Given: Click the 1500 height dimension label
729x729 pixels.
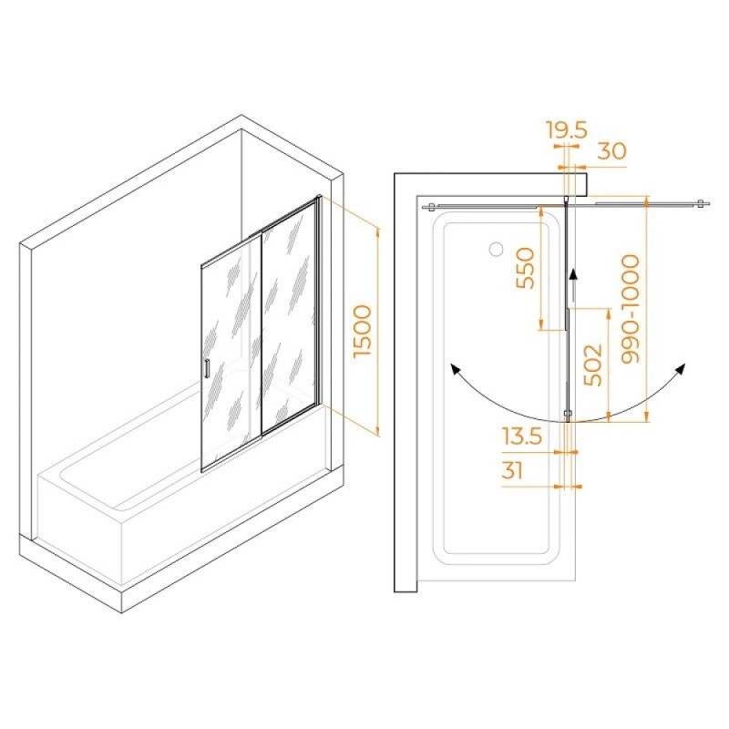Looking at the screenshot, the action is pos(363,331).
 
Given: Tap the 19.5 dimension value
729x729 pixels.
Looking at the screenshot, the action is pos(567,129).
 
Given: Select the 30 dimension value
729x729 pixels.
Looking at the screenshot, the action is pos(611,150).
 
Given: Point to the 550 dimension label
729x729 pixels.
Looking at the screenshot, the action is pos(526,268).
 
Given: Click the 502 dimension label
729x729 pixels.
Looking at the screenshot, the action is pos(593,365).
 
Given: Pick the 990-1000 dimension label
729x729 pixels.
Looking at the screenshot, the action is pos(631,309).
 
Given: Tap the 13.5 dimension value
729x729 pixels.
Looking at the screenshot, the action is pos(522,436).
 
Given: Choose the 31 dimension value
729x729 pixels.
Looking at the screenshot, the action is pos(512,471).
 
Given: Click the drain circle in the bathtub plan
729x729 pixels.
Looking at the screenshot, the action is pos(496,249).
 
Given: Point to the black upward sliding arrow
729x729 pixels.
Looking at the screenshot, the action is pos(574,285).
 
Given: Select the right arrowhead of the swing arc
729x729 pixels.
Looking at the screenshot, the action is pos(680,369).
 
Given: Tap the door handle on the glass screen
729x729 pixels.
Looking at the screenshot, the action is pos(207,368).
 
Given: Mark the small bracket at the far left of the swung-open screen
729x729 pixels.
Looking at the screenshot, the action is pos(430,207).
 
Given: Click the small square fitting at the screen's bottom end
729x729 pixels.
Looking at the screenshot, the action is pos(567,413).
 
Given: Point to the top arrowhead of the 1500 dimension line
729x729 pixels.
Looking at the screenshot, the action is pos(377,232).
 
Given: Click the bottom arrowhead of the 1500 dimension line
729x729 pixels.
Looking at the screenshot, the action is pos(377,432).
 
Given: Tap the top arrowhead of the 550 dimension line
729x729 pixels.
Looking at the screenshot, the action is pos(541,212).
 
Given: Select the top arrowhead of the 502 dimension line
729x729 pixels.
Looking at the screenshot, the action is pos(609,313).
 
